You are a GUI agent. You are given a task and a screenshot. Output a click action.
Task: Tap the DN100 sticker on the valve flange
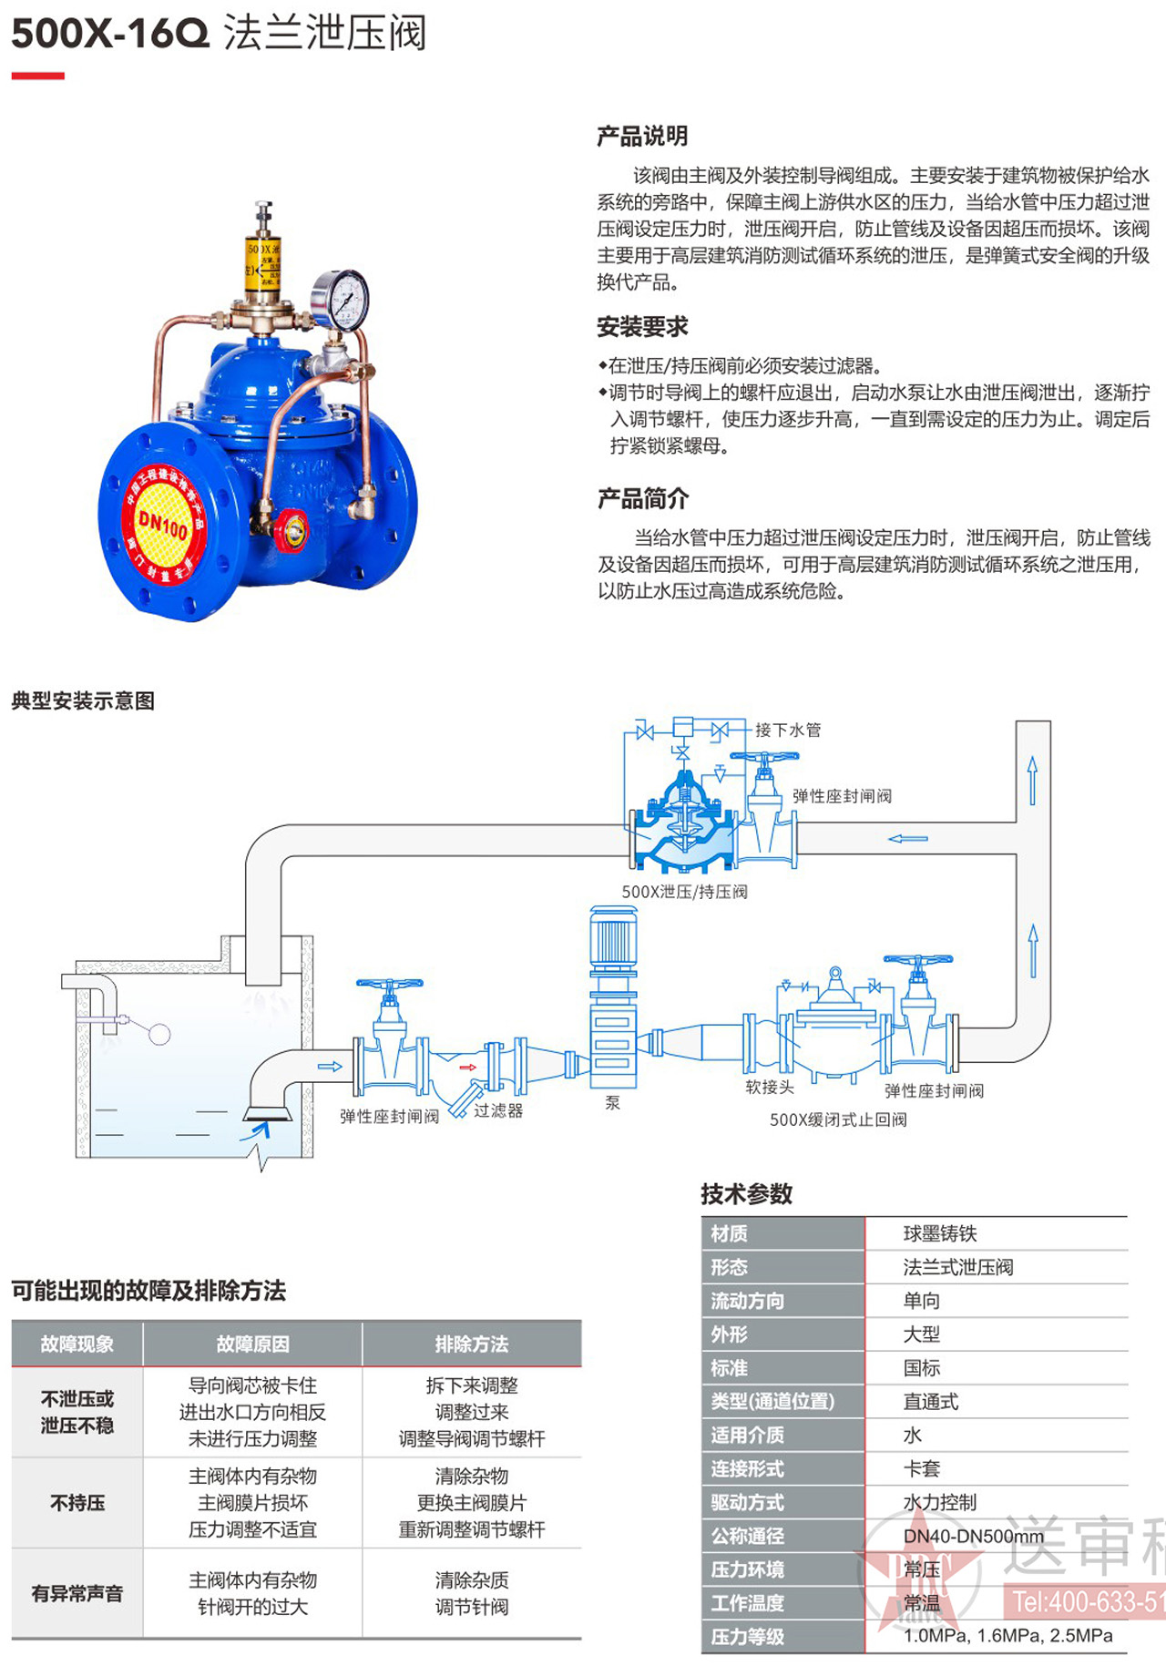click(162, 523)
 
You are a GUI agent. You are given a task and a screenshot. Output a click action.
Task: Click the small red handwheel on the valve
click(293, 531)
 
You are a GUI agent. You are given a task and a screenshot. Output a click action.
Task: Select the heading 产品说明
click(642, 137)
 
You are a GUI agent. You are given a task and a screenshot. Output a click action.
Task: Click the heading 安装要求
click(642, 327)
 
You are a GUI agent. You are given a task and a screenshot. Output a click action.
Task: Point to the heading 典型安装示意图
click(83, 700)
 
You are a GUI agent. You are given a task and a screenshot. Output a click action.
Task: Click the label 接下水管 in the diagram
click(788, 730)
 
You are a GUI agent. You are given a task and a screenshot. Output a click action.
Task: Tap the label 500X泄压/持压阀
click(684, 892)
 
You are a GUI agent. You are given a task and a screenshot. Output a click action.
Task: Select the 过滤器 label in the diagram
click(498, 1110)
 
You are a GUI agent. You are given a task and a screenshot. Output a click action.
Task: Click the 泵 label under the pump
click(612, 1103)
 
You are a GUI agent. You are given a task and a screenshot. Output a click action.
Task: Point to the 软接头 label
click(770, 1087)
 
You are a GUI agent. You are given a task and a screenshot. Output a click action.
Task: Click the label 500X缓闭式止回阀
click(838, 1119)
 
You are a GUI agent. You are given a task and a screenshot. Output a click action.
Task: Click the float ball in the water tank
click(159, 1034)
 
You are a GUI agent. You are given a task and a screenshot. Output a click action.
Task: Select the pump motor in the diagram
click(613, 938)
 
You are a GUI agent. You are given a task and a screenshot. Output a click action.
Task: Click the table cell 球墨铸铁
click(939, 1233)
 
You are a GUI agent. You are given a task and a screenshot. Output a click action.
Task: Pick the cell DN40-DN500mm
click(973, 1536)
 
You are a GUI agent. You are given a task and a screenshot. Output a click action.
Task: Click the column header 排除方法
click(471, 1344)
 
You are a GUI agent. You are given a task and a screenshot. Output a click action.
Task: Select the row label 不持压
click(77, 1502)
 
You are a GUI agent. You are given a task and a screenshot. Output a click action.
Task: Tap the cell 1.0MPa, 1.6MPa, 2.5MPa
click(1007, 1636)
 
